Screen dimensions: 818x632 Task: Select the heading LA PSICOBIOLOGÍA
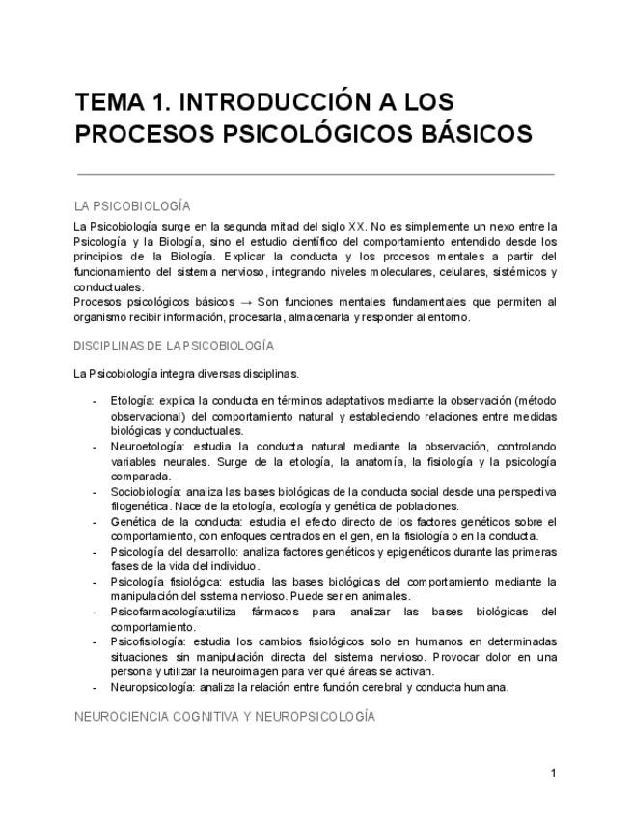(x=132, y=206)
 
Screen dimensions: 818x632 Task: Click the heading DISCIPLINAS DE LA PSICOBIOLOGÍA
(x=174, y=345)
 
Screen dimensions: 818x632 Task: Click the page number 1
(x=554, y=773)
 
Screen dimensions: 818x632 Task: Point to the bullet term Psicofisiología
(x=151, y=641)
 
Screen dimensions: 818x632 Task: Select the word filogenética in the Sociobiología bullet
(x=141, y=506)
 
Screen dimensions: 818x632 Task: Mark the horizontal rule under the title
(x=315, y=174)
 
